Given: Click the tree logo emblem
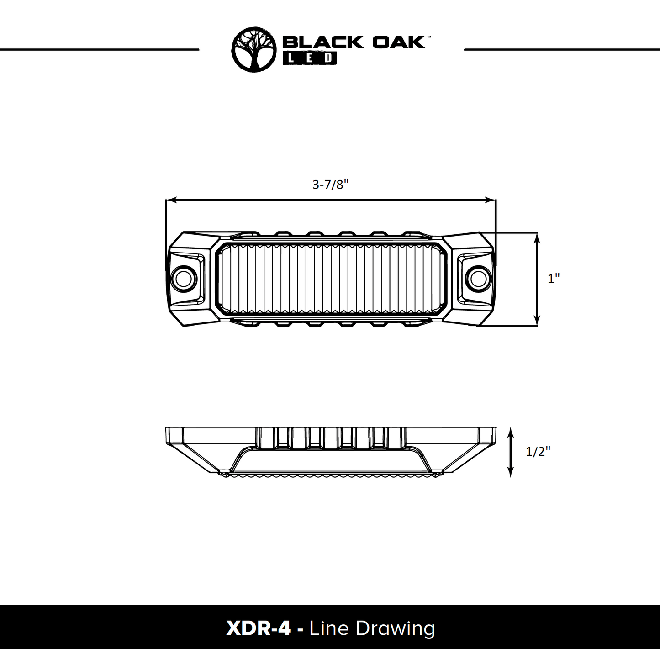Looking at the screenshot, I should pyautogui.click(x=254, y=49).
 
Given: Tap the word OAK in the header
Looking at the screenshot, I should pyautogui.click(x=398, y=42).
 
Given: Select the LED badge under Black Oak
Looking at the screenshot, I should pyautogui.click(x=310, y=58).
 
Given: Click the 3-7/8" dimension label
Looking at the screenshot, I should pyautogui.click(x=330, y=185).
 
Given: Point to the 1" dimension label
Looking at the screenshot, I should pyautogui.click(x=554, y=278).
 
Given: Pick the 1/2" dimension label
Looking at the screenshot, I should pyautogui.click(x=538, y=452).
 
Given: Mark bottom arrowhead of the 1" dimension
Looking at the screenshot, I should pyautogui.click(x=537, y=322).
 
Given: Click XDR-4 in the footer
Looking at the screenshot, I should pyautogui.click(x=258, y=628).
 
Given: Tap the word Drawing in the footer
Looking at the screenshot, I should pyautogui.click(x=396, y=628).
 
